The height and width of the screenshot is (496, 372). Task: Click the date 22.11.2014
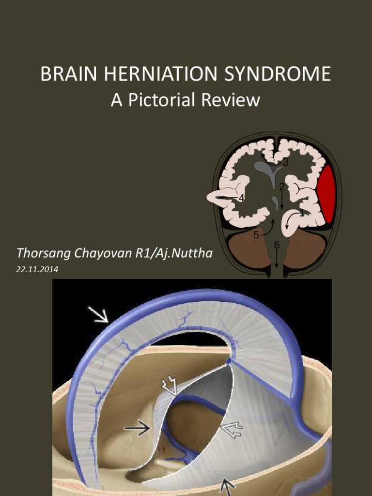pyautogui.click(x=37, y=270)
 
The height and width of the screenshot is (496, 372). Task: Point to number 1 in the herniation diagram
pyautogui.click(x=301, y=212)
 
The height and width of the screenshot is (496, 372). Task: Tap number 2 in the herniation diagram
pyautogui.click(x=281, y=186)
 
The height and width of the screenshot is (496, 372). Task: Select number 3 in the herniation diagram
pyautogui.click(x=286, y=163)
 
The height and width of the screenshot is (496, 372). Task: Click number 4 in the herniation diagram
pyautogui.click(x=241, y=198)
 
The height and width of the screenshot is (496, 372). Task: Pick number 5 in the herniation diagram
pyautogui.click(x=256, y=236)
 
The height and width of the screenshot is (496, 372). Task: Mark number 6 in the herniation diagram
pyautogui.click(x=277, y=245)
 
